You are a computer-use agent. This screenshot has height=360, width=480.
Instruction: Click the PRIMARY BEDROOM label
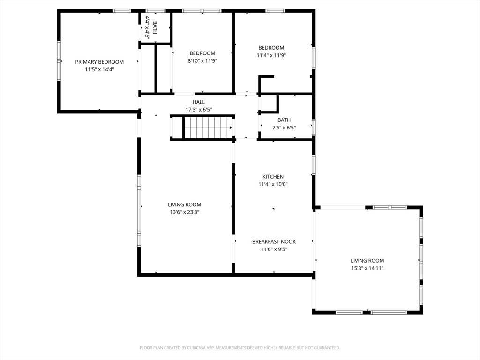pos(99,62)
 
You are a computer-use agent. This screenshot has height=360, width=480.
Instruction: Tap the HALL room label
pos(199,102)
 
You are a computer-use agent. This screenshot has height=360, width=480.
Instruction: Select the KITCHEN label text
pos(273,177)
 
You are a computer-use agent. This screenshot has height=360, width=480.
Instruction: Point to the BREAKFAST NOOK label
pos(274,241)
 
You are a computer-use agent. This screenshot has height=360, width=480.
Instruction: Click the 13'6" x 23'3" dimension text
pos(185,212)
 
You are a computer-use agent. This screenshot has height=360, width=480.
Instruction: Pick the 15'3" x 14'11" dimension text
pos(367,268)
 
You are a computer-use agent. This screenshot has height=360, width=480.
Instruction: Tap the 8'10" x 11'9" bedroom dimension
pos(202,61)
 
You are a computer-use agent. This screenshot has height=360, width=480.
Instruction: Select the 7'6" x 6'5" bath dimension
pos(284,127)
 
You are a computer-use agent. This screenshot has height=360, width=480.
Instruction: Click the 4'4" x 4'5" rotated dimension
pos(147,28)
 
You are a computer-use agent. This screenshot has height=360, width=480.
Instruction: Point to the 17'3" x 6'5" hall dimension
pos(199,110)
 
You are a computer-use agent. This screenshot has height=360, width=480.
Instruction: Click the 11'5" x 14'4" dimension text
pos(99,69)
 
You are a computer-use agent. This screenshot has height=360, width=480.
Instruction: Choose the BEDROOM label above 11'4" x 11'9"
pos(271,48)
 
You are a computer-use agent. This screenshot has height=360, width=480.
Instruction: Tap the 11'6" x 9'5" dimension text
pos(274,249)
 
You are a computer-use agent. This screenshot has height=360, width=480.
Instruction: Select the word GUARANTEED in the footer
pos(327,348)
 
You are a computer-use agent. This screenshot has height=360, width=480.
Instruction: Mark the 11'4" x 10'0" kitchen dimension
pos(273,184)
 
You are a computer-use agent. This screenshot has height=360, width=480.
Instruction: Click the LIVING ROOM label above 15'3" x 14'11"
pos(367,261)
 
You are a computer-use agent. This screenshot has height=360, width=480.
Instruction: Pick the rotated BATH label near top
pos(155,28)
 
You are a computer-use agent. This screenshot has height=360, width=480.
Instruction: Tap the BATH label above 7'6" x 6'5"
pos(284,120)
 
